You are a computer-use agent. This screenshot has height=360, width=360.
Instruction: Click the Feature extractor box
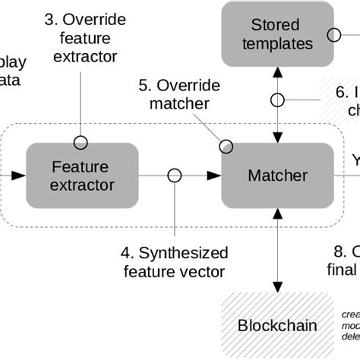point(82,175)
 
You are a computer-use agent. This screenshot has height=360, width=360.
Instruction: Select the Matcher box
point(277,175)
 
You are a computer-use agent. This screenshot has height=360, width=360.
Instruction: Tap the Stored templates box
point(277,34)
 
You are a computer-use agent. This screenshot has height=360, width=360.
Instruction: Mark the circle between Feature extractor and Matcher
point(175,175)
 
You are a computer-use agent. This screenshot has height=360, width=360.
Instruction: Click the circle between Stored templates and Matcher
point(277,99)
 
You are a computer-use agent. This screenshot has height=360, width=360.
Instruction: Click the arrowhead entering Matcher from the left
point(214,175)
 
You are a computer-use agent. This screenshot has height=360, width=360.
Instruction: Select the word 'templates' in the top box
point(278,44)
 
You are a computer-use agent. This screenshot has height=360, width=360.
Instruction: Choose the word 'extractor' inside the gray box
point(82,185)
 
